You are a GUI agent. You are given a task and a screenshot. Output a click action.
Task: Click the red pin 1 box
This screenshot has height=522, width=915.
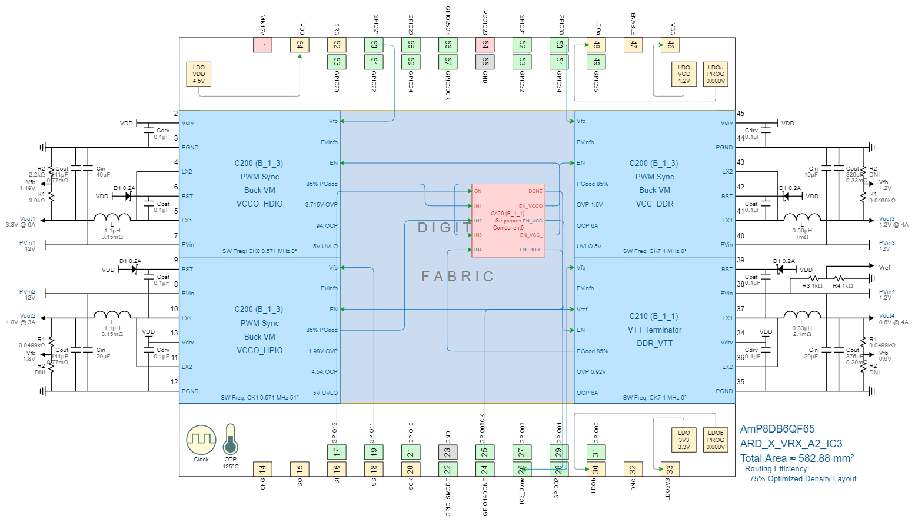click(262, 45)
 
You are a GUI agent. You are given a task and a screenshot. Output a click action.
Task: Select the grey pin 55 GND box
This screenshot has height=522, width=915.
click(485, 61)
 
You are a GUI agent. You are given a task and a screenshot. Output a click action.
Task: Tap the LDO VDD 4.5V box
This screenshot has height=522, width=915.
click(199, 74)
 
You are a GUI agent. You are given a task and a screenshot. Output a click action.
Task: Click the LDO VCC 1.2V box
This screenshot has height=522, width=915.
click(684, 74)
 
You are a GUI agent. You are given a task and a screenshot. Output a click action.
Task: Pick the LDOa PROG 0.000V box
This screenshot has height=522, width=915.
click(716, 74)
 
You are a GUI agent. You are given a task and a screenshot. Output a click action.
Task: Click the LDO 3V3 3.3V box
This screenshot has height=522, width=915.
click(684, 440)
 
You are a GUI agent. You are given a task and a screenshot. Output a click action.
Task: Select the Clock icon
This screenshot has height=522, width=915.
click(201, 440)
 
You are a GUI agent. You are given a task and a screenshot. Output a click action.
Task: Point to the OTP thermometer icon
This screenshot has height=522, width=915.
click(231, 439)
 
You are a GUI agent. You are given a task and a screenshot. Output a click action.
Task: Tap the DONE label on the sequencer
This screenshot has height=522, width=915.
click(535, 191)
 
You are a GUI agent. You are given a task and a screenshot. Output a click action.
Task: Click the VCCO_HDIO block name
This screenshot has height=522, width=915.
click(259, 204)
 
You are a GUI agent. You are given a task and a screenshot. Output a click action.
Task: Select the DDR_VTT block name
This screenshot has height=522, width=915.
click(654, 343)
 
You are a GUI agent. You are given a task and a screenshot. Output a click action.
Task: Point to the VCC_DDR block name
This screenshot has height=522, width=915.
click(654, 204)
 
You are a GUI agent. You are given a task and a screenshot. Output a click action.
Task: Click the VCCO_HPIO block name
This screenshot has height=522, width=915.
click(259, 350)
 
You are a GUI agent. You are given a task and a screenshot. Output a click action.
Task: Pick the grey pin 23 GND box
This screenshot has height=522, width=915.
click(448, 452)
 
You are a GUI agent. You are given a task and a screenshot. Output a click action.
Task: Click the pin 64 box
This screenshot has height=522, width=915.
click(300, 45)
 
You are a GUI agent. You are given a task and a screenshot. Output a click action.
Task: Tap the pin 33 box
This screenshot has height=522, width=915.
click(670, 469)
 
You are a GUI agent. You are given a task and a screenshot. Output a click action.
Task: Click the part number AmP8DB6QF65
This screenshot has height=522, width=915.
click(777, 429)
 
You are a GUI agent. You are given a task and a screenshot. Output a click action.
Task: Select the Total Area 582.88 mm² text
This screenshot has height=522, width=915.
click(797, 458)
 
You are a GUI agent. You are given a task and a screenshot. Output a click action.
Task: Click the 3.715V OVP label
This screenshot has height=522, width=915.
click(321, 205)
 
